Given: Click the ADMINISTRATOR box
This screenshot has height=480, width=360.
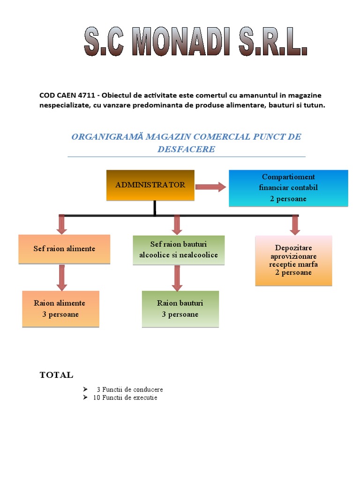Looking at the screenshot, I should pos(150,185).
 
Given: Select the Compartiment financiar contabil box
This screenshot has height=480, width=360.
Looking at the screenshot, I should pos(288,188).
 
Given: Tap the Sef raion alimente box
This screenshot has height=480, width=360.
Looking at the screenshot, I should pos(64,249).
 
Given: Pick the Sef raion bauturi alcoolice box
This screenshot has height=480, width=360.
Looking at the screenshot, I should pos(179,250).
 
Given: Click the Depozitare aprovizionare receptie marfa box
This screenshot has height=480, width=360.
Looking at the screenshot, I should pos(293,260).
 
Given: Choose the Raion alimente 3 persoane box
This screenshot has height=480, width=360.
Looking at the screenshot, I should pos(60,309).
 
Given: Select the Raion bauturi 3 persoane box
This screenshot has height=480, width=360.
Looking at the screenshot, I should pos(180,309).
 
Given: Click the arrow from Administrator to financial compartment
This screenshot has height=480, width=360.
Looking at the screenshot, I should pos(210,187).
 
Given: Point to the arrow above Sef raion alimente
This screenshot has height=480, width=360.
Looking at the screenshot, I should pos(62,224).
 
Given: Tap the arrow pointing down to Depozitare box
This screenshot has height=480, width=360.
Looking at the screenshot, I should pos(295,225).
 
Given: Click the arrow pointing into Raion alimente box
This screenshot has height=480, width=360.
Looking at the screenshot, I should pos(61,278).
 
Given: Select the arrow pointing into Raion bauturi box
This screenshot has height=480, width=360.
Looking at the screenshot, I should pos(177,278).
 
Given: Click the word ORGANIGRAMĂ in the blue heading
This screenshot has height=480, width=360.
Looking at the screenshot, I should pos(107,137).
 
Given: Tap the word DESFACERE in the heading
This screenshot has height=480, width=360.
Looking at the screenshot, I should pos(187,150).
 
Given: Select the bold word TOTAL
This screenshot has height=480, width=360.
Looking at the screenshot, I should pos(56,375).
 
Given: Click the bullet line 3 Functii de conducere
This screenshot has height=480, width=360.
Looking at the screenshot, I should pos(130,390).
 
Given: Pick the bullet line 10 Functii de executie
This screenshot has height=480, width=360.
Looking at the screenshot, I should pos(125,397).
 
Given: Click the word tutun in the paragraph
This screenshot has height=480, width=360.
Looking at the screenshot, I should pos(314,105).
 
